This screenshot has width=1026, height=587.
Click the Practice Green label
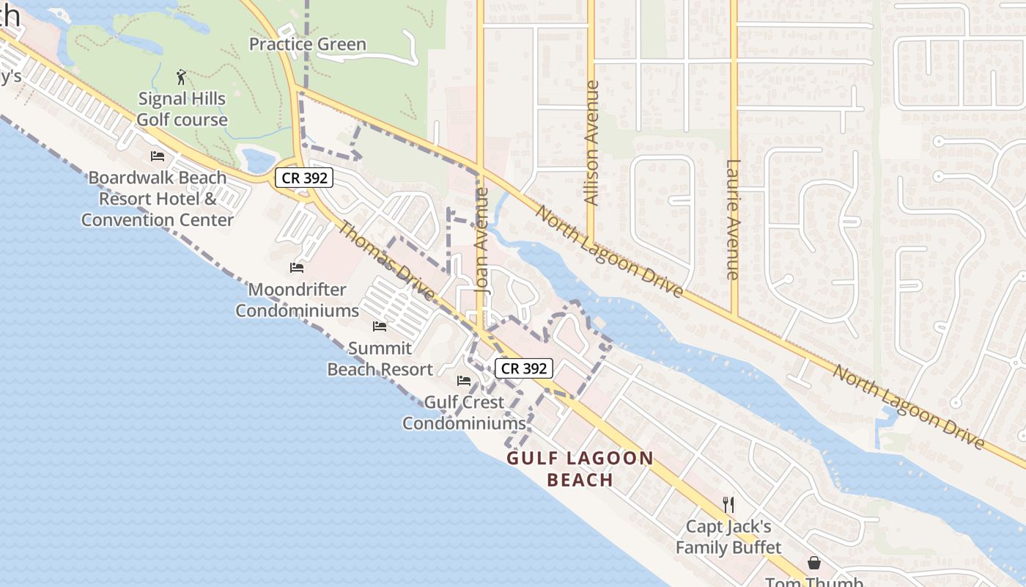[307, 44]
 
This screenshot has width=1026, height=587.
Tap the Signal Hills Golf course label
[182, 109]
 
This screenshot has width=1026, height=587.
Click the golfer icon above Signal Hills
[182, 76]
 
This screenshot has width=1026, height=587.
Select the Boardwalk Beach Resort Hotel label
[158, 198]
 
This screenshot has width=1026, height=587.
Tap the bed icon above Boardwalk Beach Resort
[158, 156]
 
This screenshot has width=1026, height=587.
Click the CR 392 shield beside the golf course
[304, 177]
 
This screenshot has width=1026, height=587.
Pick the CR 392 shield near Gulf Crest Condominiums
[524, 368]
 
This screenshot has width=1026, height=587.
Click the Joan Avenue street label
[481, 241]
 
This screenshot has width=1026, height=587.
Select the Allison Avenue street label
[591, 142]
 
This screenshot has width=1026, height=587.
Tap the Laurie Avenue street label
[733, 219]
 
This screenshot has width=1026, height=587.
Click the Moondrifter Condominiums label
[297, 300]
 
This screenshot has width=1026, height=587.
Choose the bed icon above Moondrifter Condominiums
[297, 268]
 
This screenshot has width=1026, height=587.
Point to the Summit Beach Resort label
[380, 359]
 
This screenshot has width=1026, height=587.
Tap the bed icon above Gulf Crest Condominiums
[464, 380]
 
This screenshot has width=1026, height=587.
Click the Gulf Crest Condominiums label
[464, 412]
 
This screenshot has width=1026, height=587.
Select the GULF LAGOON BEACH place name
[580, 469]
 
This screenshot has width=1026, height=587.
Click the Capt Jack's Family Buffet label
[728, 537]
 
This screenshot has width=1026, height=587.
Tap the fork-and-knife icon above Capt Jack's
[728, 504]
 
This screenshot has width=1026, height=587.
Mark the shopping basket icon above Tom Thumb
[814, 563]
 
